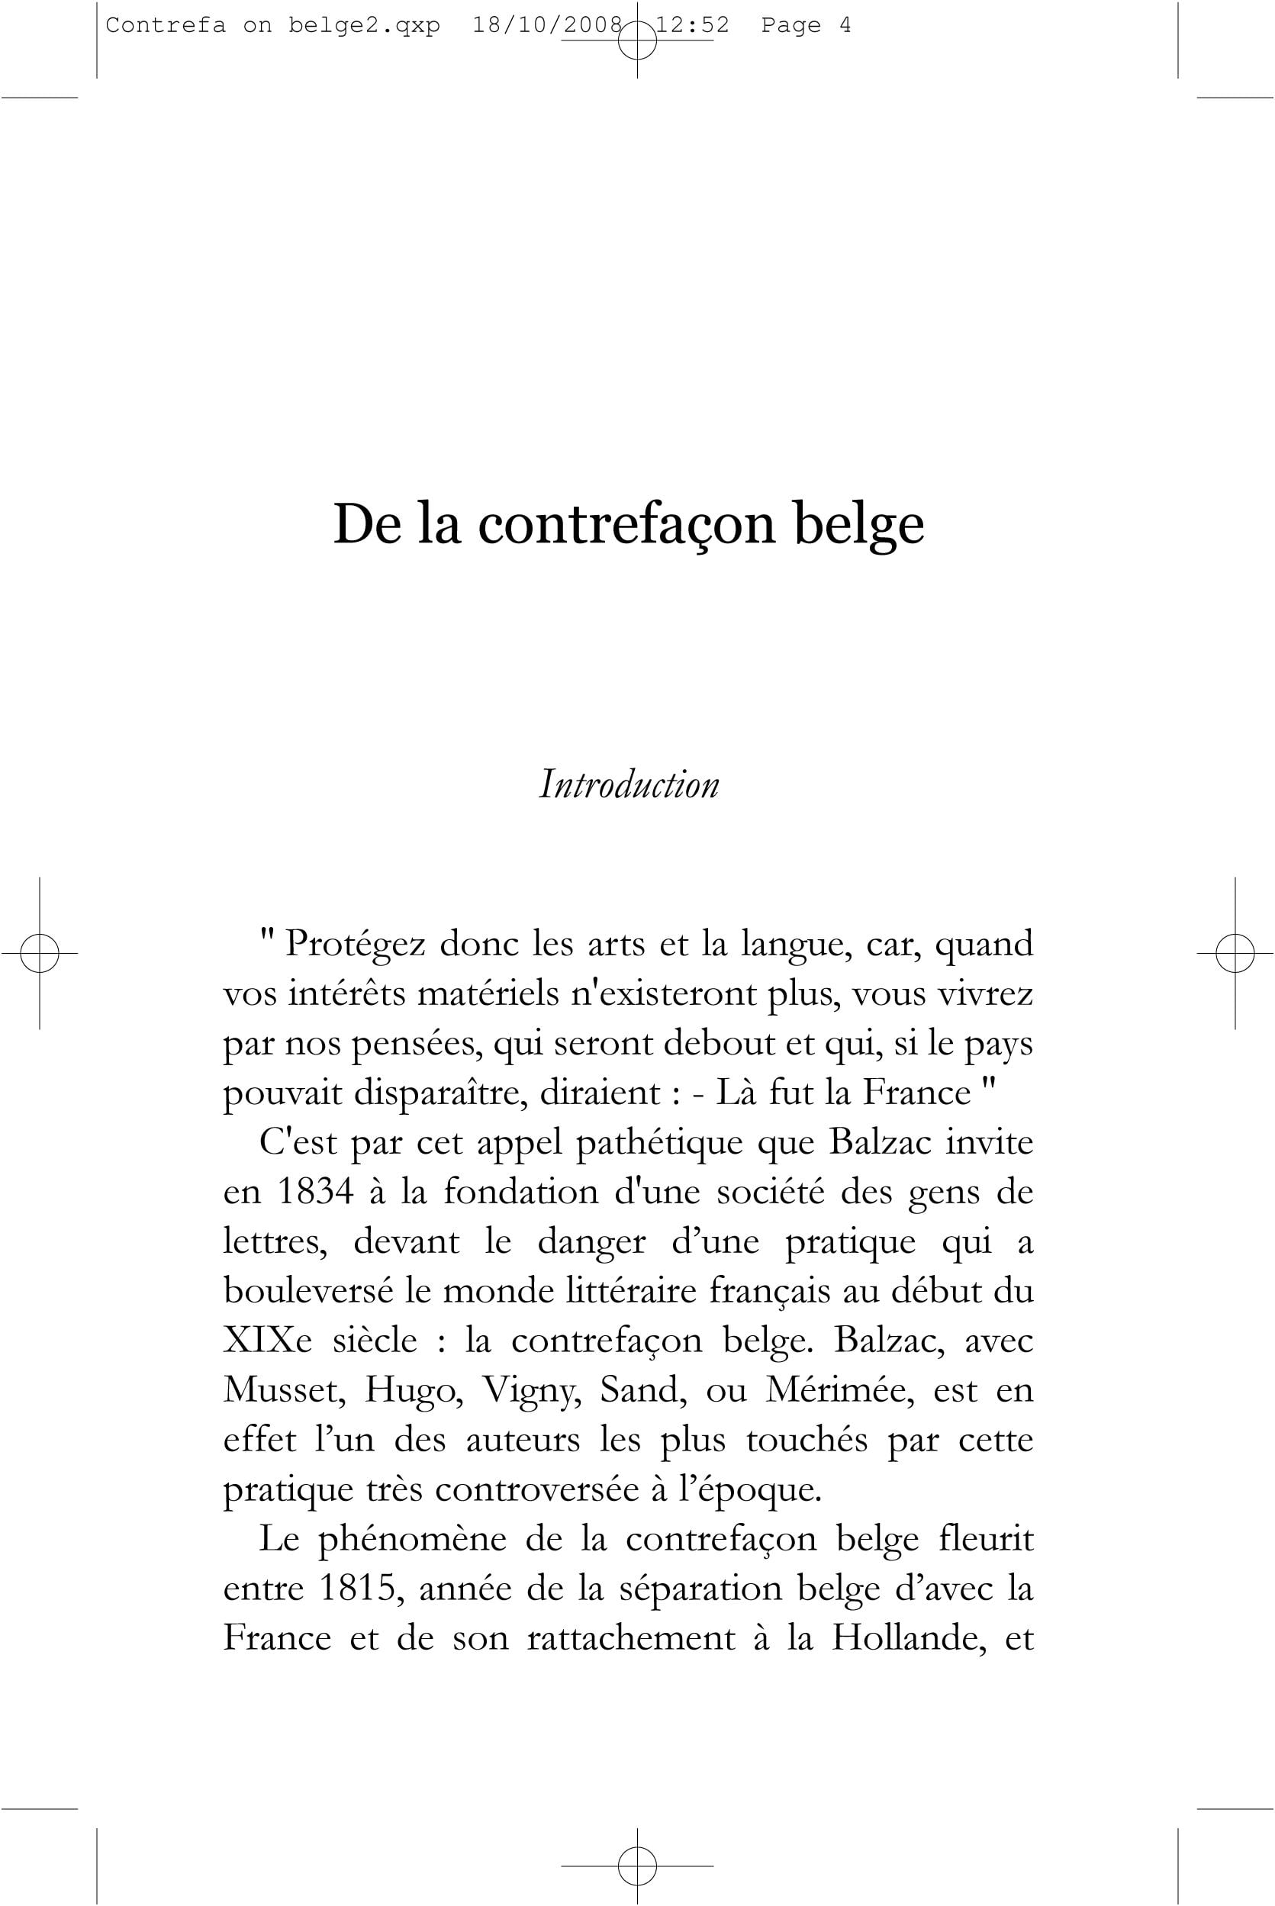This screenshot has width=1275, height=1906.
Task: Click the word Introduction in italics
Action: click(629, 784)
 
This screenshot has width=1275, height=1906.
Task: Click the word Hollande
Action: click(908, 1637)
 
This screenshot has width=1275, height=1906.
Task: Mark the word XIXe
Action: click(268, 1340)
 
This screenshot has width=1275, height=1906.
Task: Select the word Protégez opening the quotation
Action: click(356, 945)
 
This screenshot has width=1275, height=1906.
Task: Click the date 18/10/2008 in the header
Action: click(547, 26)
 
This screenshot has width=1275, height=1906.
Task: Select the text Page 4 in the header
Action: click(806, 26)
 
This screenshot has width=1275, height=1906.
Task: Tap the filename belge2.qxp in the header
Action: click(363, 26)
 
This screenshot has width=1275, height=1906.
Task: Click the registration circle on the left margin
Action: click(39, 953)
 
